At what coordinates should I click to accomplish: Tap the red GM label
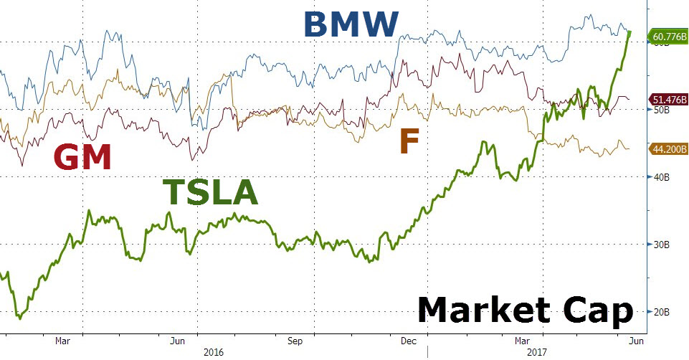tap(83, 157)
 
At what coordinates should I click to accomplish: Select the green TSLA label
tap(209, 192)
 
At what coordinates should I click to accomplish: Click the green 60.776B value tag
tap(667, 35)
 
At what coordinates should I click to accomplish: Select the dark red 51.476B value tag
tap(667, 100)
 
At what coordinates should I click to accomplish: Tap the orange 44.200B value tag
tap(667, 149)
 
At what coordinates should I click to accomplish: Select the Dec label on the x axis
tap(411, 341)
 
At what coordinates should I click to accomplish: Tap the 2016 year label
tap(214, 352)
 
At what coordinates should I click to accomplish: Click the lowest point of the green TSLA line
tap(20, 318)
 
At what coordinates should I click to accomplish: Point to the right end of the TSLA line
tap(629, 32)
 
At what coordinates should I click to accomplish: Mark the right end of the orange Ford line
tap(629, 149)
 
